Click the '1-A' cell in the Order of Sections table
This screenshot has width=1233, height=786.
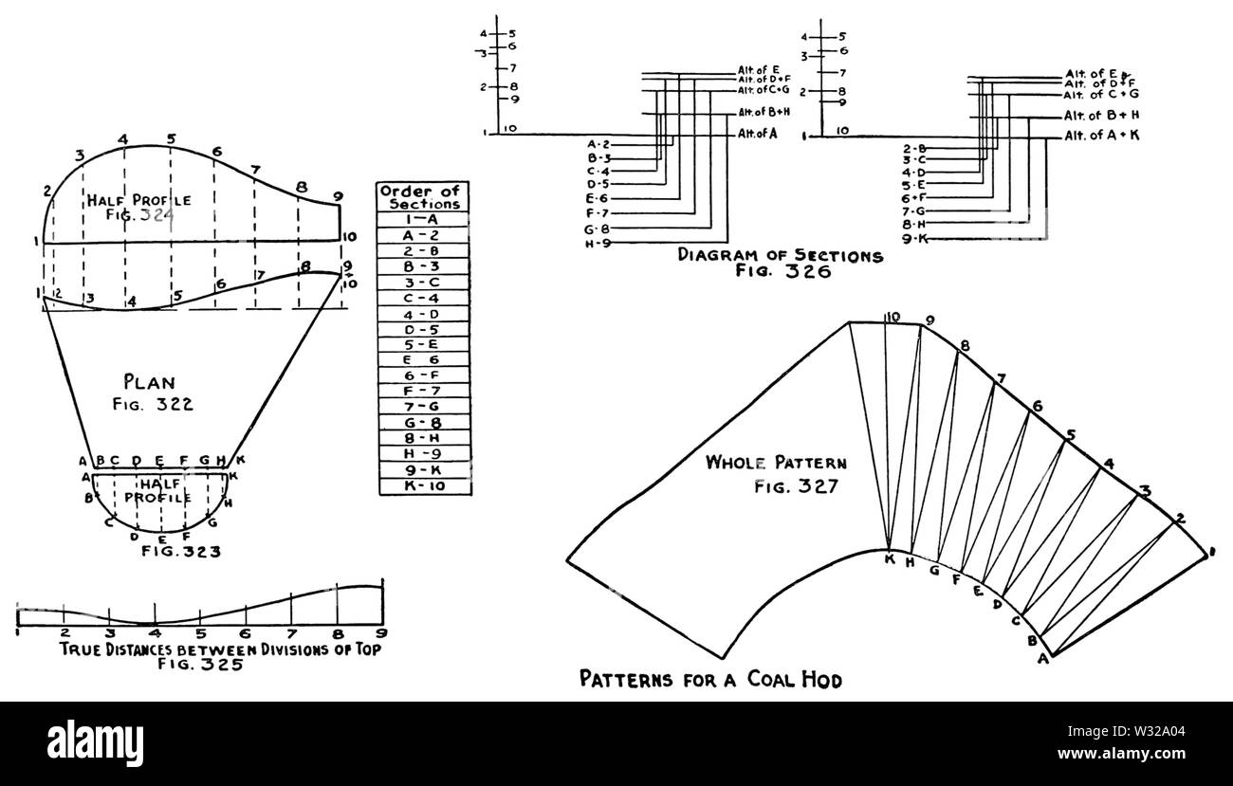(425, 218)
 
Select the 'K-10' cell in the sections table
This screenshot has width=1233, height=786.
(425, 486)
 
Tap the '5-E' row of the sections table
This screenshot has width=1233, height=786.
(425, 344)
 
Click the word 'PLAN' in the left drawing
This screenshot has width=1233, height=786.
(149, 383)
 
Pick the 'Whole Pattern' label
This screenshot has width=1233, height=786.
(776, 464)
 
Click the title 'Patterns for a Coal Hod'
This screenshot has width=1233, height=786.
(710, 680)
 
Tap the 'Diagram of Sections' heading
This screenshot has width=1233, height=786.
(780, 255)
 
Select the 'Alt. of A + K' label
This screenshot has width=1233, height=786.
(1101, 137)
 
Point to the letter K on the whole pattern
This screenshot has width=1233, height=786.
(889, 559)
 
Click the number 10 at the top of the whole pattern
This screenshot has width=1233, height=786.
(892, 318)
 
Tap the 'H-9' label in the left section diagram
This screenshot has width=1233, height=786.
(598, 244)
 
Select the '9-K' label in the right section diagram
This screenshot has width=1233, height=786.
(915, 239)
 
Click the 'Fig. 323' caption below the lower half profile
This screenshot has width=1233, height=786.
(180, 550)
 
